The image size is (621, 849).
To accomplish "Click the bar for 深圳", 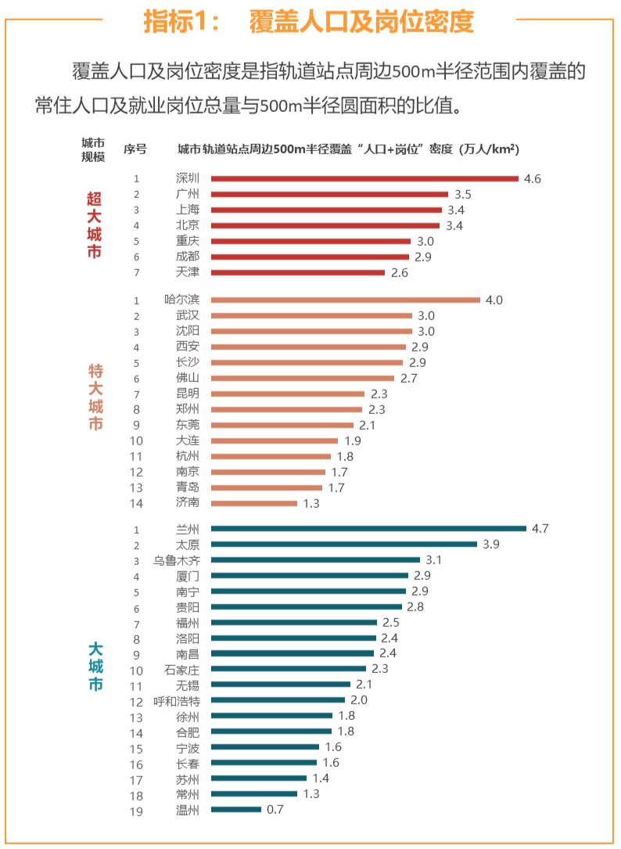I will pyautogui.click(x=364, y=178).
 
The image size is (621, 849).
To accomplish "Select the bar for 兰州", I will pyautogui.click(x=368, y=529).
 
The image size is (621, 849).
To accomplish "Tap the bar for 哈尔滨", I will pyautogui.click(x=345, y=300).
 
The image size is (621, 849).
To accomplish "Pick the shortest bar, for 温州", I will pyautogui.click(x=236, y=810).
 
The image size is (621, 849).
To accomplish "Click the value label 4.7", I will pyautogui.click(x=540, y=529).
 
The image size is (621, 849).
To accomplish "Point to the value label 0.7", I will pyautogui.click(x=275, y=810).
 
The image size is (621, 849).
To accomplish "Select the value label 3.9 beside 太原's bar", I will pyautogui.click(x=490, y=545).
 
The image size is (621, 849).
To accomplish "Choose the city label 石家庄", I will pyautogui.click(x=181, y=669).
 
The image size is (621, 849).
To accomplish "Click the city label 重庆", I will pyautogui.click(x=188, y=241).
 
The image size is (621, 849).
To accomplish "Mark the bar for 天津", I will pyautogui.click(x=298, y=272).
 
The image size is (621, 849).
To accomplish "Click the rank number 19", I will pyautogui.click(x=136, y=811).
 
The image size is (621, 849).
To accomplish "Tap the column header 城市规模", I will pyautogui.click(x=93, y=149).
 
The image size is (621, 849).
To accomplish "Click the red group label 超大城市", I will pyautogui.click(x=94, y=225).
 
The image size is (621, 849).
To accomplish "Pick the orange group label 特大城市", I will pyautogui.click(x=94, y=398).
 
